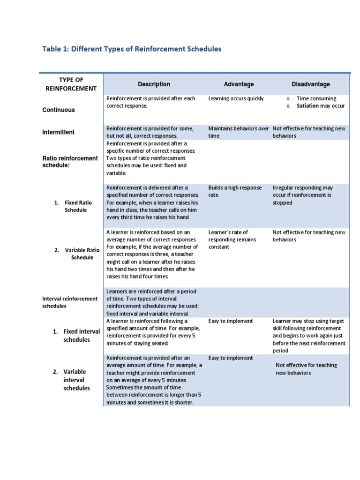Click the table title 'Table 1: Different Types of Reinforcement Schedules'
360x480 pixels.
click(x=132, y=49)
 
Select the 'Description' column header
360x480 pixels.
click(x=154, y=84)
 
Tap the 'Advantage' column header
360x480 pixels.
click(x=239, y=84)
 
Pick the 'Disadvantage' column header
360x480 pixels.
click(x=310, y=84)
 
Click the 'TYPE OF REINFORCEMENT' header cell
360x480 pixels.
click(x=71, y=84)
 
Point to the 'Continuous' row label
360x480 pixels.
click(x=59, y=110)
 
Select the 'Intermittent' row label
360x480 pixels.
click(x=59, y=132)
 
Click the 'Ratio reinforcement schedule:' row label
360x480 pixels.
click(x=70, y=162)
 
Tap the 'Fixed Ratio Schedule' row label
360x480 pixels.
click(x=75, y=206)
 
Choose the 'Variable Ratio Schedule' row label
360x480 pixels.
click(x=79, y=254)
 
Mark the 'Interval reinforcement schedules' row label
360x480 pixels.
click(x=70, y=302)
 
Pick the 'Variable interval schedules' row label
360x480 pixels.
click(x=76, y=380)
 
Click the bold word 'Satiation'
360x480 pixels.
click(x=307, y=106)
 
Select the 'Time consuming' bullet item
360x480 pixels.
click(x=316, y=98)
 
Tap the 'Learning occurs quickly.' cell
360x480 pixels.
click(x=236, y=98)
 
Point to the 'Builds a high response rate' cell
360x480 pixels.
click(x=235, y=191)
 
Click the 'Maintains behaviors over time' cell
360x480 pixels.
click(x=238, y=132)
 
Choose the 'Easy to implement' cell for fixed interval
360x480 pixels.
click(x=231, y=321)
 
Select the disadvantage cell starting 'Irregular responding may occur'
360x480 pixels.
click(x=302, y=195)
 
